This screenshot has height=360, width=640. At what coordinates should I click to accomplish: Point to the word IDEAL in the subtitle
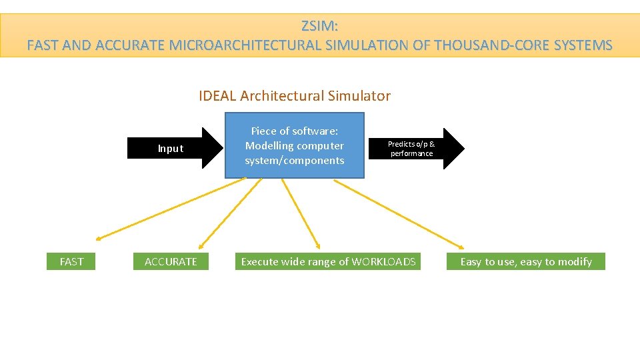[x=217, y=96]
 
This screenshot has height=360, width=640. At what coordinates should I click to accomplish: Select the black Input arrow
[x=175, y=149]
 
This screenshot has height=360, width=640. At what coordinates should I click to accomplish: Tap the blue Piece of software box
[x=295, y=145]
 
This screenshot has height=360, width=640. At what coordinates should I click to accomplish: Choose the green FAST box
[x=71, y=261]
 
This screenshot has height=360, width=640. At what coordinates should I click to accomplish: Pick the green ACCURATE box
[x=171, y=261]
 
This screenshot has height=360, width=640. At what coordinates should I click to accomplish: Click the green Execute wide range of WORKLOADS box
[x=328, y=261]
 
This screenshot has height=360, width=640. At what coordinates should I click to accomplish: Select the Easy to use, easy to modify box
[x=525, y=261]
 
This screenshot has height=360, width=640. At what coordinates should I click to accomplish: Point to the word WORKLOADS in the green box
[x=383, y=261]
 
